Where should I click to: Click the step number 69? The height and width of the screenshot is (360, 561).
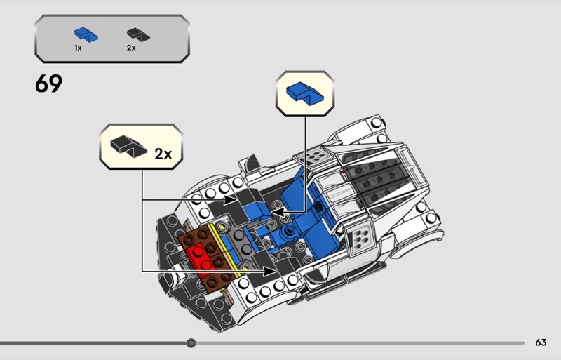point(48,85)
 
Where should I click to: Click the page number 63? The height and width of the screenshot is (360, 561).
point(540,342)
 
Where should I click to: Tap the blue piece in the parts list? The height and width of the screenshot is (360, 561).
point(86,34)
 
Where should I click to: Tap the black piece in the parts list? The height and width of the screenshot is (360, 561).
point(134,34)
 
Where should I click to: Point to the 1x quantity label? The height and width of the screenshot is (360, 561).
point(78,48)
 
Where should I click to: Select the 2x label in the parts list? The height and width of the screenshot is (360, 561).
point(131,48)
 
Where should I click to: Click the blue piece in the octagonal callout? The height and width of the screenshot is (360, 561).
point(305,92)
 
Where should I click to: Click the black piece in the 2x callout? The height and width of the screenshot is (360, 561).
point(125,147)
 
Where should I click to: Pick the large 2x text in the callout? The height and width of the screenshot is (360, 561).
point(163,153)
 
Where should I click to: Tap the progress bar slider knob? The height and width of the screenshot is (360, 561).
point(191,343)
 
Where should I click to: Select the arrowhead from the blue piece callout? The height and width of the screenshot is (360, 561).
point(276,211)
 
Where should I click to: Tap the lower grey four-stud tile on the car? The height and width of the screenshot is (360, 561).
point(360,236)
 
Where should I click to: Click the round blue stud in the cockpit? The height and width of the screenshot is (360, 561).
point(287,232)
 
